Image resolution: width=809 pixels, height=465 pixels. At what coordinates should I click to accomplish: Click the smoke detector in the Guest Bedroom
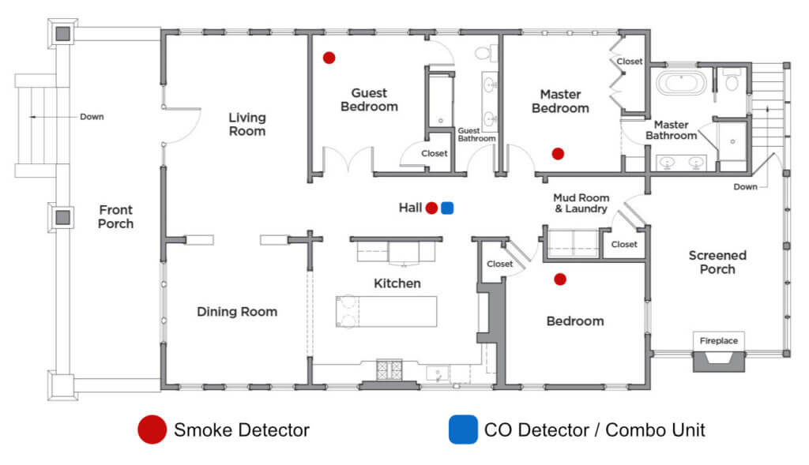(x=329, y=58)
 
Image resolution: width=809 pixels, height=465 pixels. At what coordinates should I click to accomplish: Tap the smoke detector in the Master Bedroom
(x=558, y=153)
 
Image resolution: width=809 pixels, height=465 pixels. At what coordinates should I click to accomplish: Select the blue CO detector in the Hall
(x=447, y=208)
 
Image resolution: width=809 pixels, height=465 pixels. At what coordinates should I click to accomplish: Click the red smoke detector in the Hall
(x=431, y=208)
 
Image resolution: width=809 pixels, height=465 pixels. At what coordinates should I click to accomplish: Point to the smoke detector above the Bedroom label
(x=560, y=279)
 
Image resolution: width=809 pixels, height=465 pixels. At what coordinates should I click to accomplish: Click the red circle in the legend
(x=152, y=430)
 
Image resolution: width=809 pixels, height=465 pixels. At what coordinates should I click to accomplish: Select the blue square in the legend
(x=463, y=430)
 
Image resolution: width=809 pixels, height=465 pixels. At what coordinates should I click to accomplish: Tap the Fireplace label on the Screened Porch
(x=719, y=341)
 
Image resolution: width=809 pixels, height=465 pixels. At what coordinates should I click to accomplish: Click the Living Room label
(x=247, y=125)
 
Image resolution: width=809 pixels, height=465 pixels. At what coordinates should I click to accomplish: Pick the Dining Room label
(x=237, y=312)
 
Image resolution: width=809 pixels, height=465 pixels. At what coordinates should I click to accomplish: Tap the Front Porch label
(x=116, y=217)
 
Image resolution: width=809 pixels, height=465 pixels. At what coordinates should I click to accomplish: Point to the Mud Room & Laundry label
(x=581, y=204)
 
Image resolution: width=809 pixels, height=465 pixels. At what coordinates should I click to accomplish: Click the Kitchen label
(x=397, y=283)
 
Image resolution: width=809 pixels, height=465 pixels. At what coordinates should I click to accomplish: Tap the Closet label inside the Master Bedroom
(x=630, y=62)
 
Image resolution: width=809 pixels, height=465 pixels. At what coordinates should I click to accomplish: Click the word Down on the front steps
(x=92, y=117)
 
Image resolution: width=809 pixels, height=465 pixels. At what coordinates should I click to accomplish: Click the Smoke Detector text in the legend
(x=242, y=430)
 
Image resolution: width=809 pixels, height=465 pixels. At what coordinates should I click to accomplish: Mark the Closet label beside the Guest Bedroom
(x=434, y=153)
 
